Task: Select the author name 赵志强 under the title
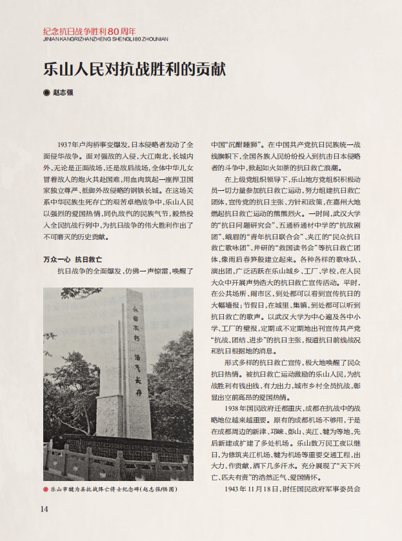pyautogui.click(x=63, y=92)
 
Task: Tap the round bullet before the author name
pyautogui.click(x=46, y=92)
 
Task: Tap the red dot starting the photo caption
pyautogui.click(x=46, y=489)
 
